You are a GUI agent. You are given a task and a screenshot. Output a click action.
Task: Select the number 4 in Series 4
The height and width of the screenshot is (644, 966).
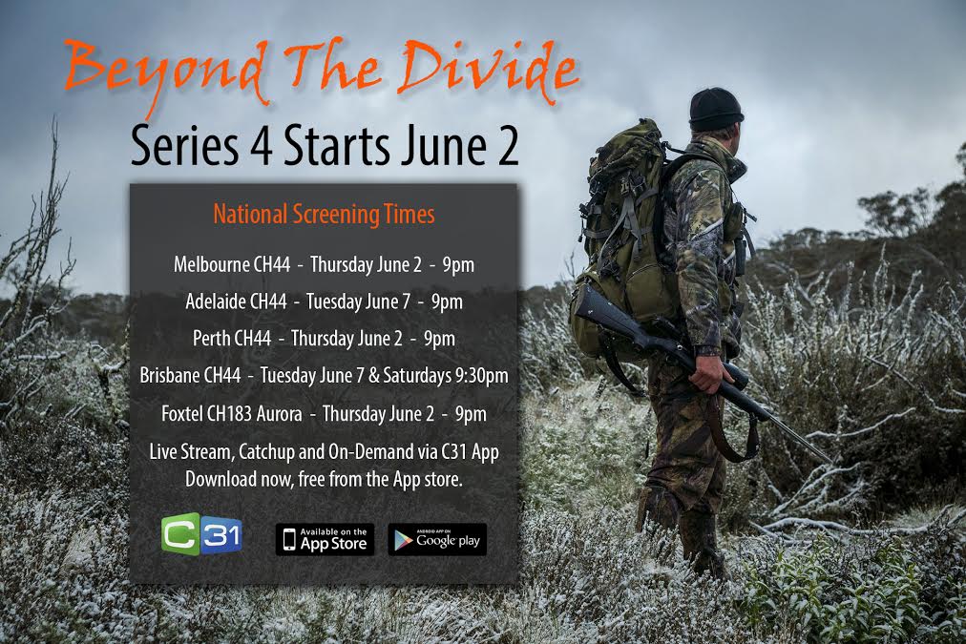262,147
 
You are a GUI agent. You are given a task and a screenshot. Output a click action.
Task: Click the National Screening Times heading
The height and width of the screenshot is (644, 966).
324,215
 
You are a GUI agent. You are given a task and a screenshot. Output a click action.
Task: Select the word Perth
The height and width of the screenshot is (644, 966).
211,338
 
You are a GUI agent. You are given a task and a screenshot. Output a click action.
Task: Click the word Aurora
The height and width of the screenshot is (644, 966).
279,413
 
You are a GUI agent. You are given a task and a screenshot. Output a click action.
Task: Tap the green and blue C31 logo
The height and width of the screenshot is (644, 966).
201,534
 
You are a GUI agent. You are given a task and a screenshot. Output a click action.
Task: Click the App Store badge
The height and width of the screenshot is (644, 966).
325,540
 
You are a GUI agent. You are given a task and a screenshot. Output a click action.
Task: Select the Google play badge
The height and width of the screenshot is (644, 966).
437,540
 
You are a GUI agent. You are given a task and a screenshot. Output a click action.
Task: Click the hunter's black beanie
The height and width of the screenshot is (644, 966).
715,109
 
